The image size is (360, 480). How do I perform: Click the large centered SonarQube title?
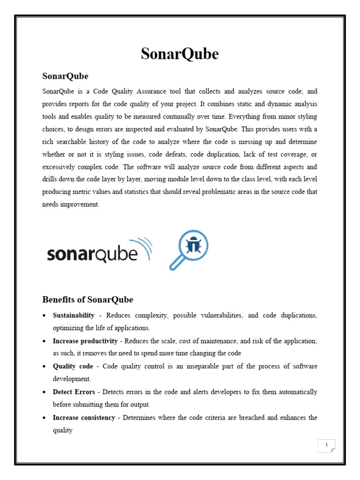click(180, 54)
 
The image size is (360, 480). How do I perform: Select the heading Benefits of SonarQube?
click(88, 300)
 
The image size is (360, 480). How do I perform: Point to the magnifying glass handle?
click(176, 264)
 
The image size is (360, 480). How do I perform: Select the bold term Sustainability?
click(74, 315)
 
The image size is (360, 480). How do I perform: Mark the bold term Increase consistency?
click(84, 417)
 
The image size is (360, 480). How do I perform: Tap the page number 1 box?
click(326, 445)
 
